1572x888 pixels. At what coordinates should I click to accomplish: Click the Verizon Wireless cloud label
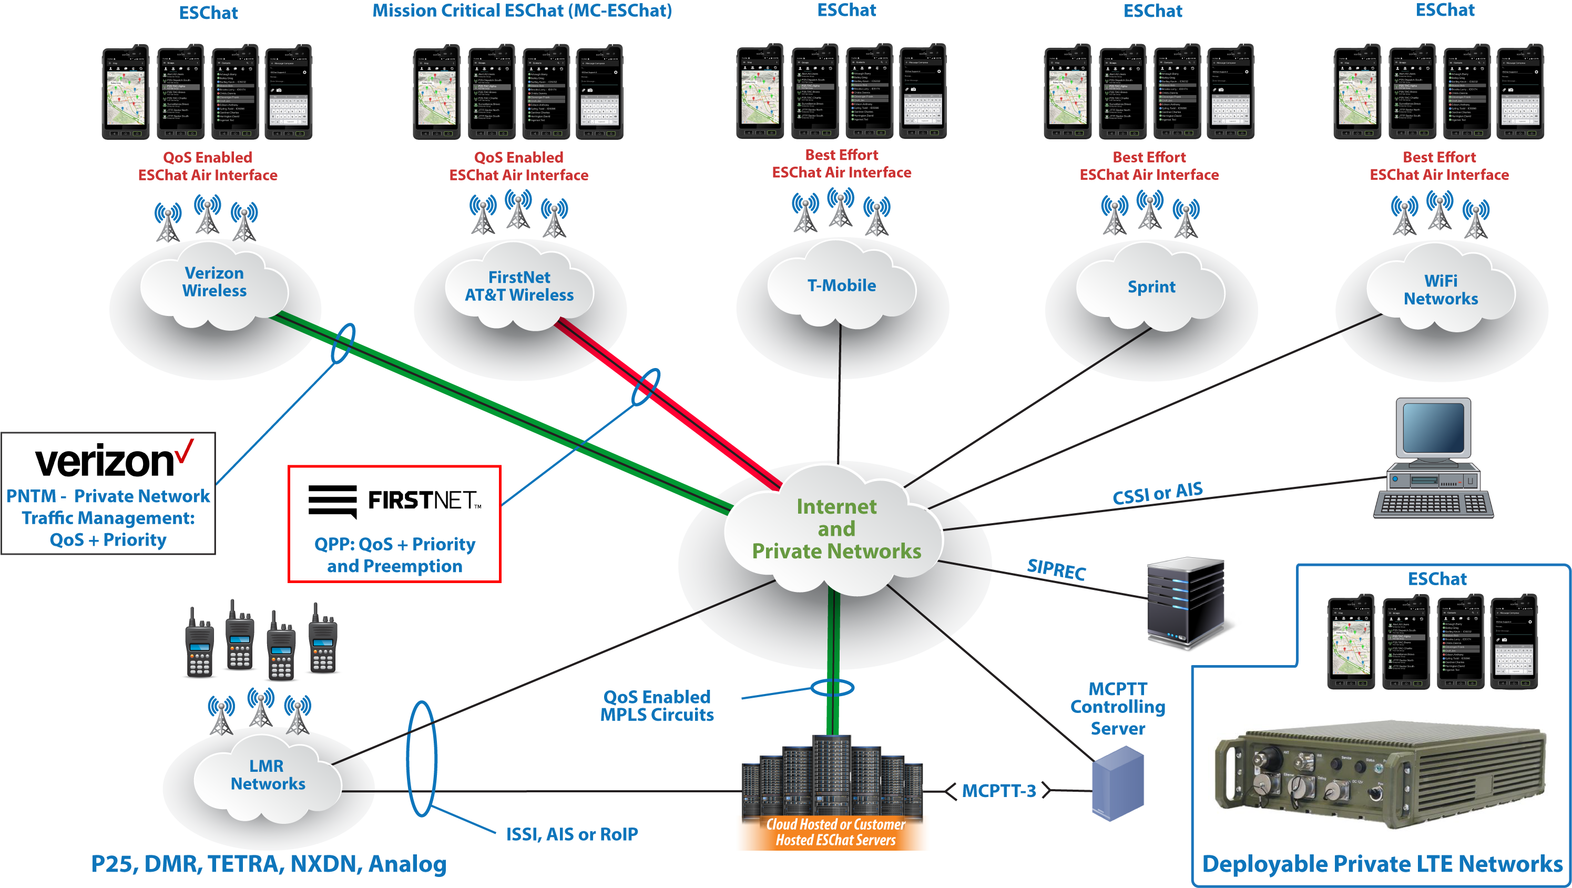pyautogui.click(x=214, y=282)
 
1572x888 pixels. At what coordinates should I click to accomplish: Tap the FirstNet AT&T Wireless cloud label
pyautogui.click(x=519, y=286)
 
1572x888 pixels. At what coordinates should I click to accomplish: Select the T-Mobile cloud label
pyautogui.click(x=842, y=285)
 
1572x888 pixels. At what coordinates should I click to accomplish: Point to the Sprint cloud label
pyautogui.click(x=1151, y=287)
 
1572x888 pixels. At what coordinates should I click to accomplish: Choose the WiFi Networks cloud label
pyautogui.click(x=1441, y=290)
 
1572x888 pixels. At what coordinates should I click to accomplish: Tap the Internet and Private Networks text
pyautogui.click(x=836, y=529)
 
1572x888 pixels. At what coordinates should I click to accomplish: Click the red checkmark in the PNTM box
pyautogui.click(x=183, y=451)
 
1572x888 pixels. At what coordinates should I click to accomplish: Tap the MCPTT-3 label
pyautogui.click(x=999, y=791)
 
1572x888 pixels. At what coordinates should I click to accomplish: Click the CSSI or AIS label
pyautogui.click(x=1157, y=493)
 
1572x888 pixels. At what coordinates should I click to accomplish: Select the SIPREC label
pyautogui.click(x=1056, y=569)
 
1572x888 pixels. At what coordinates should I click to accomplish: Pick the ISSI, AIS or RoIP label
pyautogui.click(x=572, y=834)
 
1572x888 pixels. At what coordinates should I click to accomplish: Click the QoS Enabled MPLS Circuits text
pyautogui.click(x=657, y=706)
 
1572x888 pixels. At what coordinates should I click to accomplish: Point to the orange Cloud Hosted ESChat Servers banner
pyautogui.click(x=834, y=832)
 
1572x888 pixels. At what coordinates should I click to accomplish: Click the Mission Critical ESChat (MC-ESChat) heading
pyautogui.click(x=522, y=11)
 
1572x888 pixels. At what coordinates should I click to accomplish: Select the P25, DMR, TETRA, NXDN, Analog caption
pyautogui.click(x=269, y=864)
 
